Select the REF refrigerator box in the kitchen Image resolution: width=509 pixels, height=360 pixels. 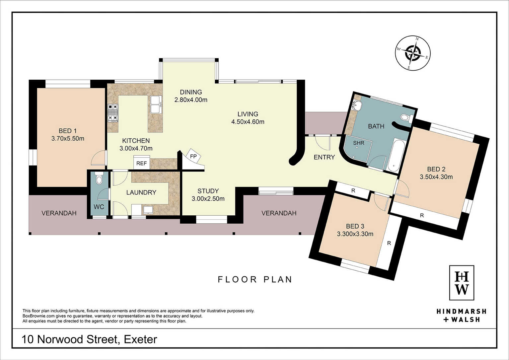142,163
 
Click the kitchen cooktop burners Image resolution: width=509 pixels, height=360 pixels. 113,113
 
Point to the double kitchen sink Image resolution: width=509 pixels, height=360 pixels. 156,105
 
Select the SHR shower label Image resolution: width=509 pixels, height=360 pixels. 359,143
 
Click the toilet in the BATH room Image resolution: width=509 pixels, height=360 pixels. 407,118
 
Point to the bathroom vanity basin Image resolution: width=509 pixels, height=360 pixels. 357,106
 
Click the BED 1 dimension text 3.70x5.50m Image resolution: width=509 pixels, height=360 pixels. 68,138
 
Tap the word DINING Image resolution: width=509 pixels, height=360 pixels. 191,92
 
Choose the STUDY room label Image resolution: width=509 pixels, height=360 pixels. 208,191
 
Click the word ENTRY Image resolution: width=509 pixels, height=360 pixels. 324,157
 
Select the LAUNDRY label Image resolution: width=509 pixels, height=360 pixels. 141,192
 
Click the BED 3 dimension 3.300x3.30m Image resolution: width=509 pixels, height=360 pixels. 355,234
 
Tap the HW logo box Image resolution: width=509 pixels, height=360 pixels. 462,283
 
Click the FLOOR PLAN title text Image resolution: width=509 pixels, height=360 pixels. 255,280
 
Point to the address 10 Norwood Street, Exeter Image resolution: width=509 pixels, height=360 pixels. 89,339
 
